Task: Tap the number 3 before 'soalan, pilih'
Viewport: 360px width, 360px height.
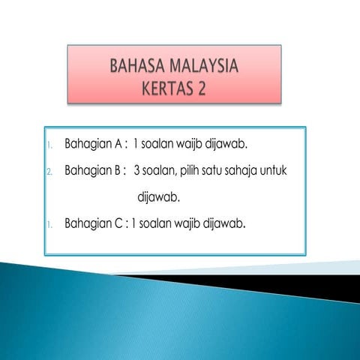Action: coord(137,170)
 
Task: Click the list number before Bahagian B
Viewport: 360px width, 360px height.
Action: coord(49,172)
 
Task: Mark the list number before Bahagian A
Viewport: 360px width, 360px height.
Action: coord(49,142)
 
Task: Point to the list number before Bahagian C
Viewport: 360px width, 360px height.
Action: coord(49,224)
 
